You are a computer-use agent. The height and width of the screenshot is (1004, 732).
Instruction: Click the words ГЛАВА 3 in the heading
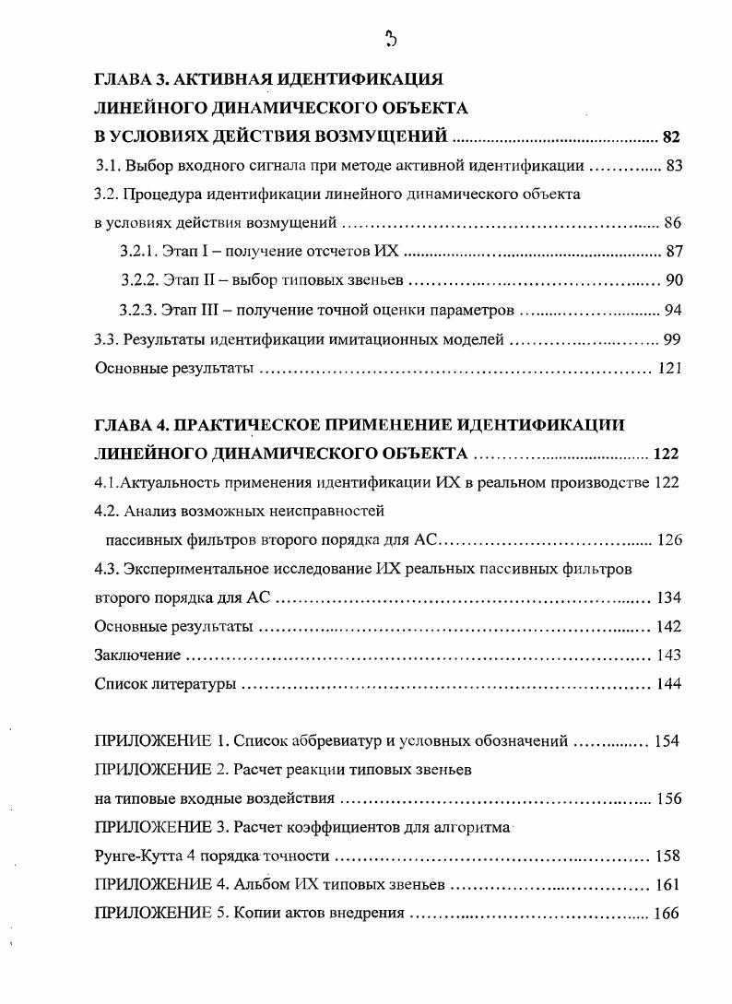(x=133, y=80)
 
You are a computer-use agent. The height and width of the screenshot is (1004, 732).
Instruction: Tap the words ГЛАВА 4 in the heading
(x=133, y=425)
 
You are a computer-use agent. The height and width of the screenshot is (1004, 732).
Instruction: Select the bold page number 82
(x=670, y=138)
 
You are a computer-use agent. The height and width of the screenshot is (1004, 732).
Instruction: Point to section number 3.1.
(x=107, y=167)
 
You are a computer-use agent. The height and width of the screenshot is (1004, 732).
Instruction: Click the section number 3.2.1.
(x=139, y=252)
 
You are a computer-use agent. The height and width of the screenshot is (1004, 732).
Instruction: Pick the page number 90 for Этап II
(x=673, y=280)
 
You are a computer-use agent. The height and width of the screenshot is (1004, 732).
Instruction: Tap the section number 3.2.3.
(x=139, y=310)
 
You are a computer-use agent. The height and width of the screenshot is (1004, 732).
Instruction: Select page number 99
(x=673, y=339)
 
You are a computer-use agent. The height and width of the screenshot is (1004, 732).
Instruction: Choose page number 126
(x=669, y=540)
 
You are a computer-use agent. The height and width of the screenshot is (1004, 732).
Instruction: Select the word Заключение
(x=137, y=656)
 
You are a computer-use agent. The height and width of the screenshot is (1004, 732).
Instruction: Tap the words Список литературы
(x=166, y=684)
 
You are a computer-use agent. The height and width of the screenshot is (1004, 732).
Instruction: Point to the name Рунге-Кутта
(x=137, y=856)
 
